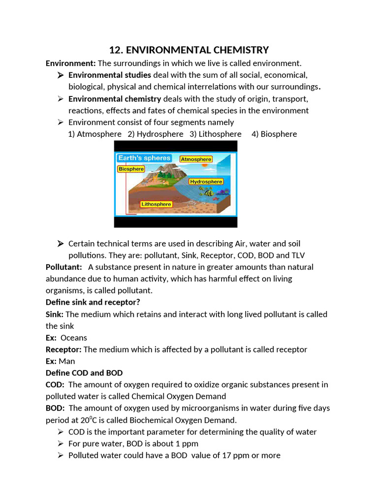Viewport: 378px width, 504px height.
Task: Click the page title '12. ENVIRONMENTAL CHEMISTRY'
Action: [x=189, y=50]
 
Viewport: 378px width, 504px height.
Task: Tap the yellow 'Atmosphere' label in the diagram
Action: [x=196, y=159]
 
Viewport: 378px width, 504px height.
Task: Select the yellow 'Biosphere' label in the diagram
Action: [x=131, y=169]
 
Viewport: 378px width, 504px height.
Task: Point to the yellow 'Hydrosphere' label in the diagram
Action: [x=206, y=182]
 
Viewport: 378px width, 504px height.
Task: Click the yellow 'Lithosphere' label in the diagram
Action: [x=156, y=204]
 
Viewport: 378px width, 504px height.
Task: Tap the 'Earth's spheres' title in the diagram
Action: [x=144, y=158]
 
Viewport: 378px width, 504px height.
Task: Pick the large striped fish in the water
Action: [x=209, y=193]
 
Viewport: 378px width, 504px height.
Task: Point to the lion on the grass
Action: [x=164, y=183]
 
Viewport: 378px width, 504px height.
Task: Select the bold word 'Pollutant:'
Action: [x=63, y=267]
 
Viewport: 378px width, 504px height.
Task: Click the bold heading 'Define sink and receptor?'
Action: [x=93, y=302]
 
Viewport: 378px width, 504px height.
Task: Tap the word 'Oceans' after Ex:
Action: [x=74, y=338]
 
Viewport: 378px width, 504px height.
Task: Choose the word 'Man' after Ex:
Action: [x=67, y=361]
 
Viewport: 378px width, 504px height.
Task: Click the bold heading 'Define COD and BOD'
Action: [x=84, y=373]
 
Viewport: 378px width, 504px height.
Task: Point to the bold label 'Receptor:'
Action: [x=63, y=349]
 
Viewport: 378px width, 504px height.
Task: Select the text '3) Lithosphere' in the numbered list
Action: [x=216, y=134]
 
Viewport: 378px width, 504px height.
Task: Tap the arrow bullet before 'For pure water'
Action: [x=60, y=443]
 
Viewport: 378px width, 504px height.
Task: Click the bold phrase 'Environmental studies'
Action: [x=110, y=75]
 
